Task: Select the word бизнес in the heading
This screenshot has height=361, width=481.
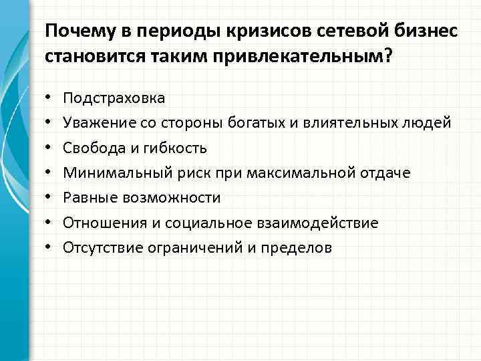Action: pyautogui.click(x=427, y=31)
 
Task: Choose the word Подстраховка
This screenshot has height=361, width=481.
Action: pyautogui.click(x=114, y=98)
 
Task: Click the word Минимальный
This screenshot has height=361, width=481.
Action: pyautogui.click(x=112, y=173)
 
